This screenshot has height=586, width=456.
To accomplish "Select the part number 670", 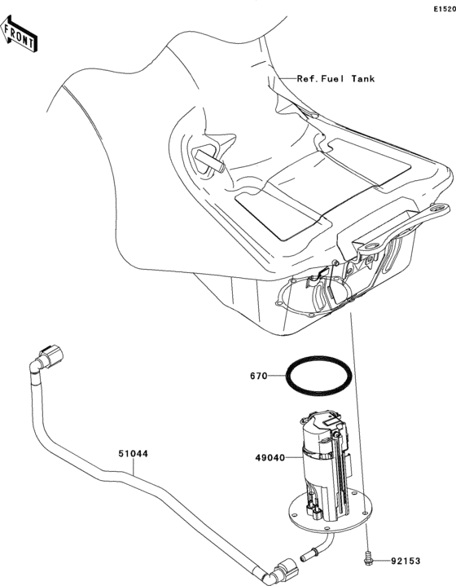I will click(x=259, y=377).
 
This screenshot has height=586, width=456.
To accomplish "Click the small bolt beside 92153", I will click(x=368, y=559).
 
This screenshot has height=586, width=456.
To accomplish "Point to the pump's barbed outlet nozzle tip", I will click(x=307, y=558).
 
